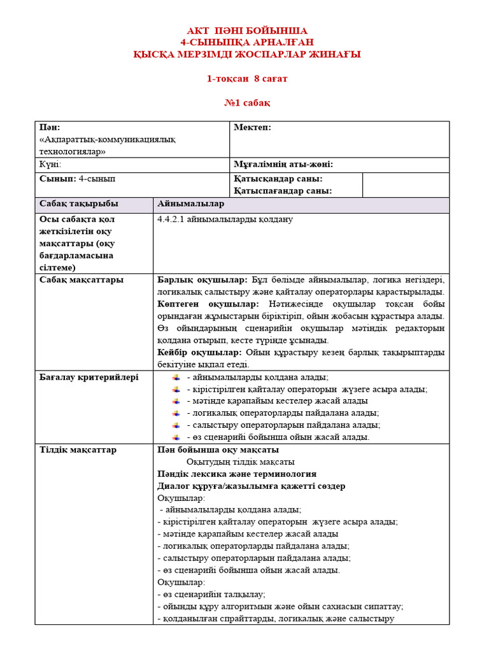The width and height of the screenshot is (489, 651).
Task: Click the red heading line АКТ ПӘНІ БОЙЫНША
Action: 246,31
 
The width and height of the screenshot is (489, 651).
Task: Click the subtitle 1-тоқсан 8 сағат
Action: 247,79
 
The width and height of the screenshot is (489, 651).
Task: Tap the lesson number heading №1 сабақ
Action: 247,103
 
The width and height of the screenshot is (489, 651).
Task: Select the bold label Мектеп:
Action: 252,128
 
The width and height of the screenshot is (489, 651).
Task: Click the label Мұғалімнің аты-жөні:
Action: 283,165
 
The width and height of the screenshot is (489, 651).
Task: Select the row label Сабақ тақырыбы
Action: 79,203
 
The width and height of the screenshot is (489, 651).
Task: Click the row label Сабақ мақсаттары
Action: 81,280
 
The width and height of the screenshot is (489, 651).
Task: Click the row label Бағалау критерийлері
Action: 89,377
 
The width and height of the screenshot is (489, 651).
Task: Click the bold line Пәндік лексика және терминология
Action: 236,474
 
